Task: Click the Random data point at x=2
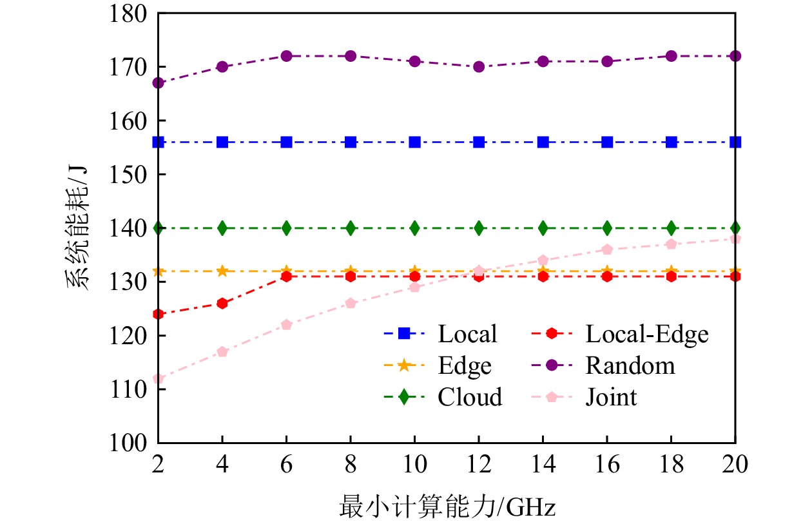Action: tap(159, 83)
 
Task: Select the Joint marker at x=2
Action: tap(159, 379)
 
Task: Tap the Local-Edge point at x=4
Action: tap(222, 304)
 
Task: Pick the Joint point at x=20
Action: tap(735, 239)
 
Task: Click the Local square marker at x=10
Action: tap(415, 142)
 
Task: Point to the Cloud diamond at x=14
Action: tap(543, 228)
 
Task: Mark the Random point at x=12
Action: tap(479, 67)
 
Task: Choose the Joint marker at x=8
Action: tap(351, 304)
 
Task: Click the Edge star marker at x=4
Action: tap(222, 271)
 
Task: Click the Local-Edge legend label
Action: tap(646, 334)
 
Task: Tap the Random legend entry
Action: tap(630, 365)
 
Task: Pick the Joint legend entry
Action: tap(610, 397)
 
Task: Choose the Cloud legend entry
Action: tap(470, 397)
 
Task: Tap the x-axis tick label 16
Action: tap(607, 464)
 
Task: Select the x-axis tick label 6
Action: tap(287, 464)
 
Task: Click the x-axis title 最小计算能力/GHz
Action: tap(447, 508)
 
